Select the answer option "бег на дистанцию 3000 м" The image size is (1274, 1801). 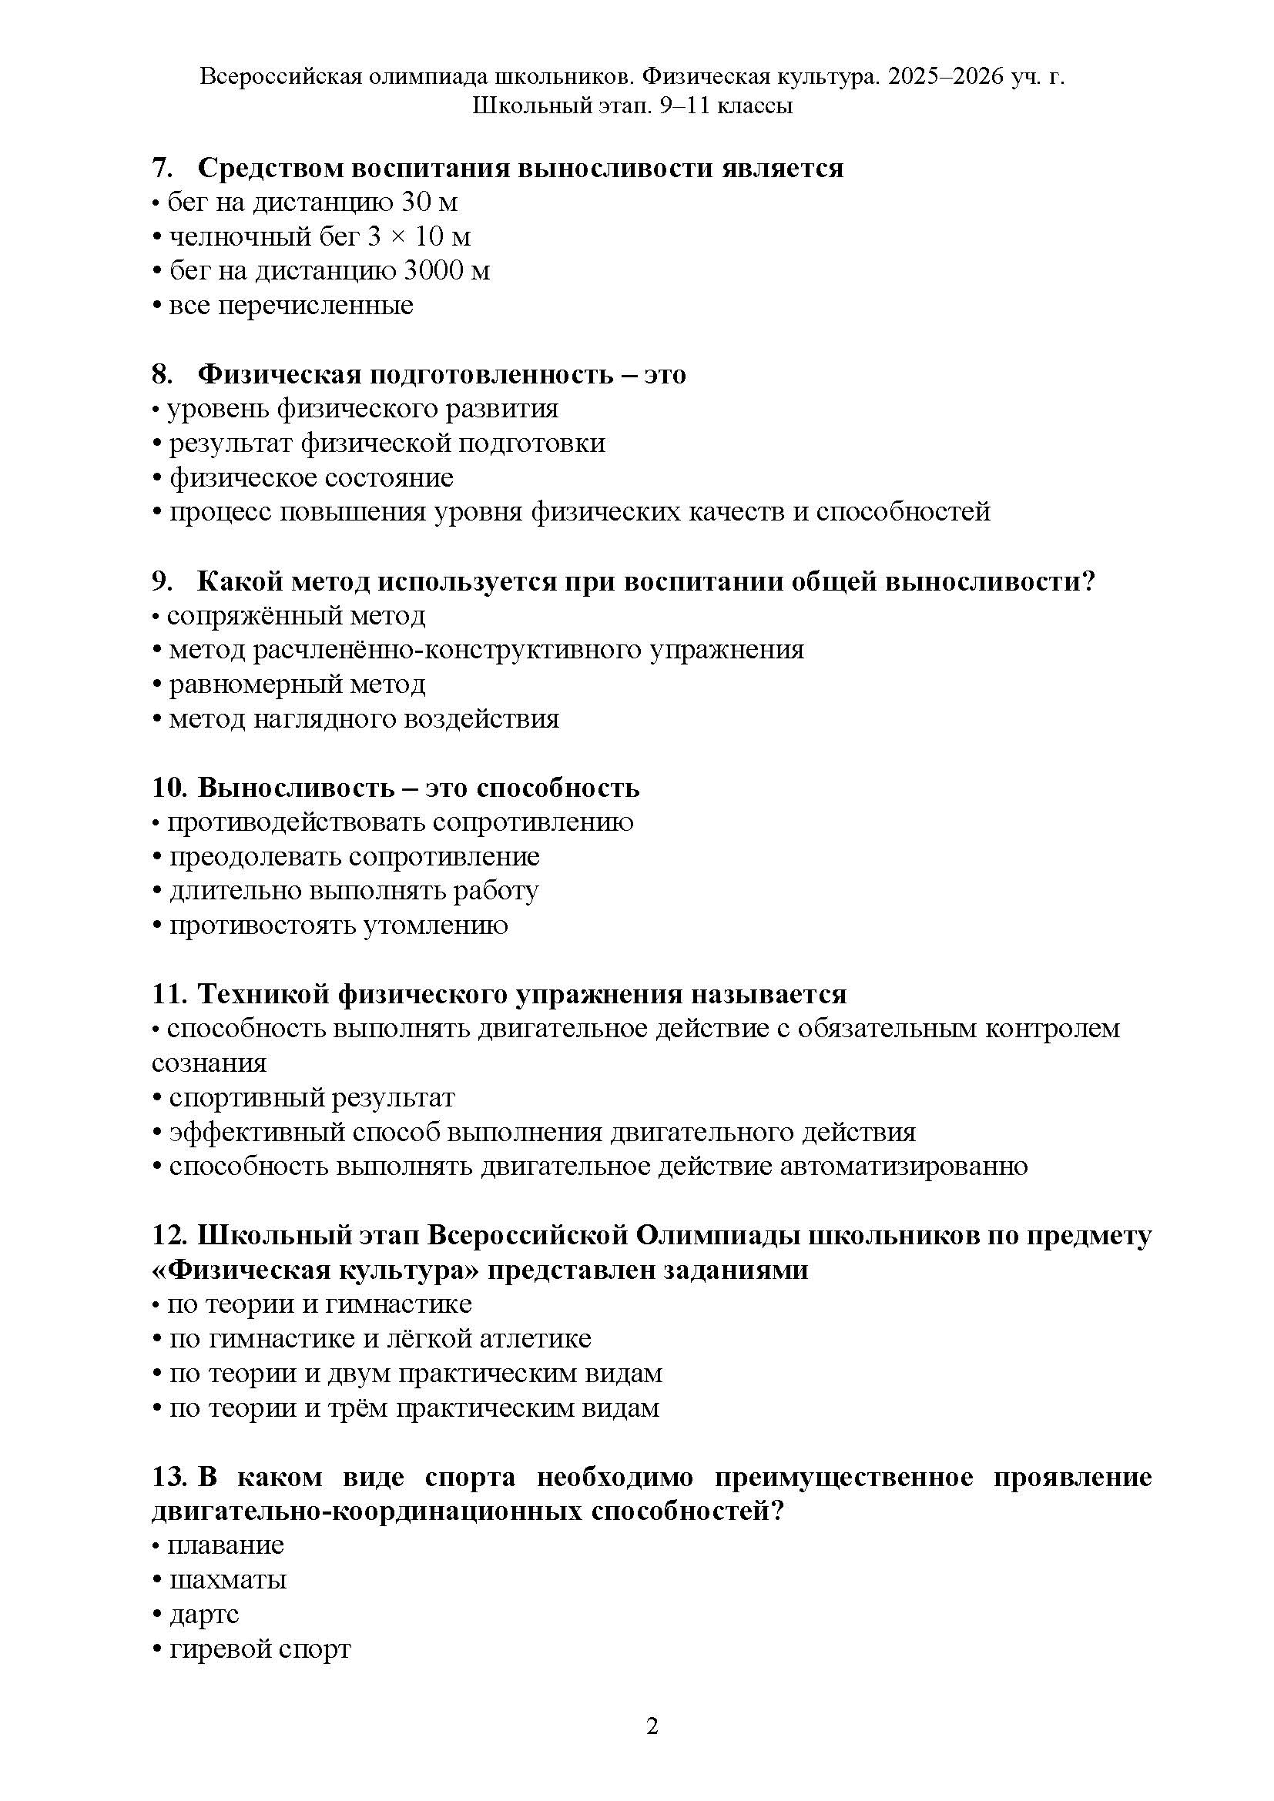point(330,270)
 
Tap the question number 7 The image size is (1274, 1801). point(162,169)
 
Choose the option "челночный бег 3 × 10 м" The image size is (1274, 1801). point(320,236)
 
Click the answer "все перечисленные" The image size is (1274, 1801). point(291,305)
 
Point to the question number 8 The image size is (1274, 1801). point(162,375)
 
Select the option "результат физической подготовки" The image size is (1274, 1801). point(387,444)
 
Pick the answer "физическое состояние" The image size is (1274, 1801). point(311,477)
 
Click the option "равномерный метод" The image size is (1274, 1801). point(297,685)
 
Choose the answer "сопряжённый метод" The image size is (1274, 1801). point(296,616)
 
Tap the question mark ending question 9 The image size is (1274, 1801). point(1088,582)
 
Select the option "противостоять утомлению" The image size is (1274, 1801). point(338,926)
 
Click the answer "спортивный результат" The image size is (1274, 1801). point(311,1097)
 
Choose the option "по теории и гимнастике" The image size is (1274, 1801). point(320,1304)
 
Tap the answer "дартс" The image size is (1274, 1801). point(204,1615)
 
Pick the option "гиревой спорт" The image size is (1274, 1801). point(260,1649)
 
